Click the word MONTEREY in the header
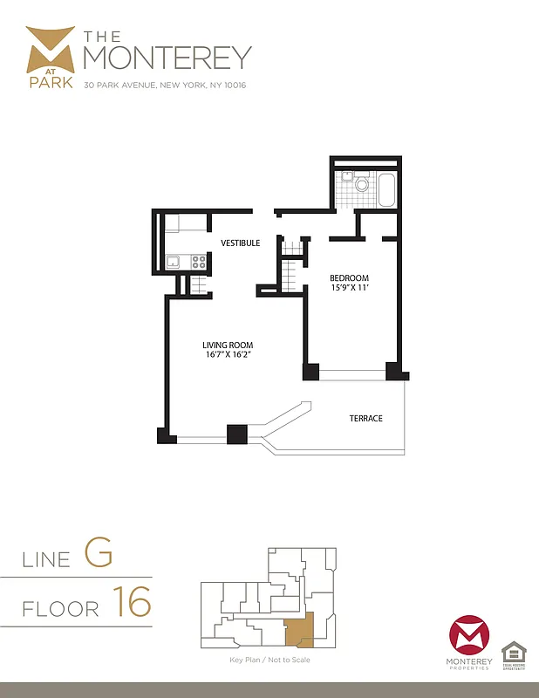(x=167, y=57)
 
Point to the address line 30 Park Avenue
(x=165, y=86)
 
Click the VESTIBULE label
(x=241, y=243)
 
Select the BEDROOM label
(x=349, y=278)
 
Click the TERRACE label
(x=366, y=419)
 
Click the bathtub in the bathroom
(x=386, y=190)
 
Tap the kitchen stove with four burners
(x=199, y=261)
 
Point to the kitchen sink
(x=174, y=260)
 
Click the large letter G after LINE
(x=99, y=552)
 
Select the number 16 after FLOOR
(x=131, y=602)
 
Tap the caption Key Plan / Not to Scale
(x=269, y=660)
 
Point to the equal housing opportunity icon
(x=513, y=652)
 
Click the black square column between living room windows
(x=236, y=434)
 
